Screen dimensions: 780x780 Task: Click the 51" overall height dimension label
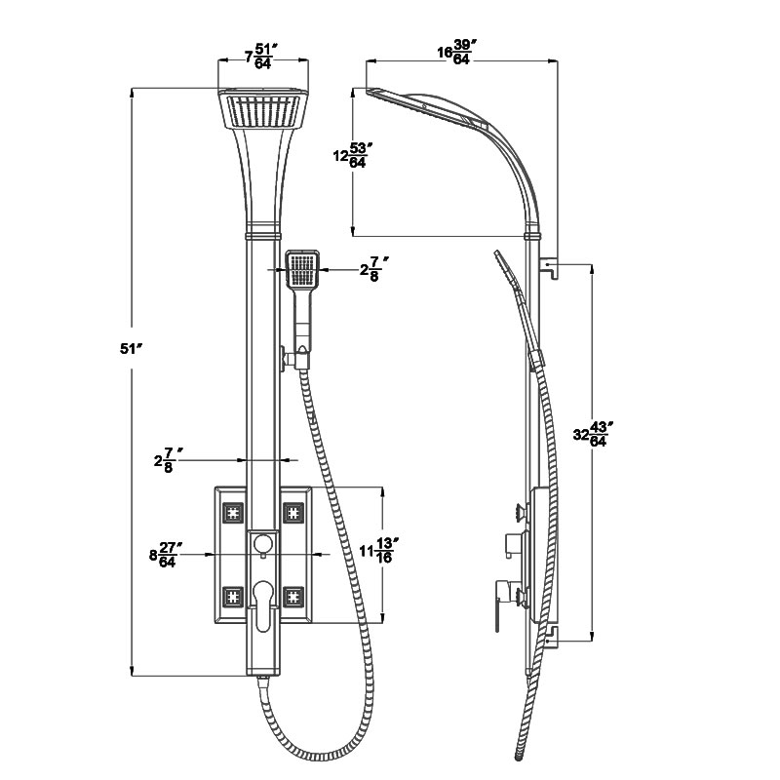[132, 349]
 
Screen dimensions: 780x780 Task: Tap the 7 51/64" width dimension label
[260, 57]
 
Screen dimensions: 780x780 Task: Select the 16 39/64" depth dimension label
[454, 52]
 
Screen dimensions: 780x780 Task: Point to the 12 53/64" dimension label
[353, 155]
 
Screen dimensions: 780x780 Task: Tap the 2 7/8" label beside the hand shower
[374, 270]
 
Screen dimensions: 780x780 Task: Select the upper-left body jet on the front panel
[233, 513]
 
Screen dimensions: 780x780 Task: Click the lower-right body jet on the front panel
[293, 597]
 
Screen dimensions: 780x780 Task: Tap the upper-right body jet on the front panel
[293, 513]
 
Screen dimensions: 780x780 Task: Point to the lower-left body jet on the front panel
[233, 597]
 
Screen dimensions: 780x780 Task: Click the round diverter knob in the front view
[263, 543]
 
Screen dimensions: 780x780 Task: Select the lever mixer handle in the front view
[262, 605]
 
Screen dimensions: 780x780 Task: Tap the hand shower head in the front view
[303, 269]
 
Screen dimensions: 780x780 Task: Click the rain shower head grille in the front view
[263, 110]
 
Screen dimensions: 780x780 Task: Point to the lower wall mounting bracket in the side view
[551, 638]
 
